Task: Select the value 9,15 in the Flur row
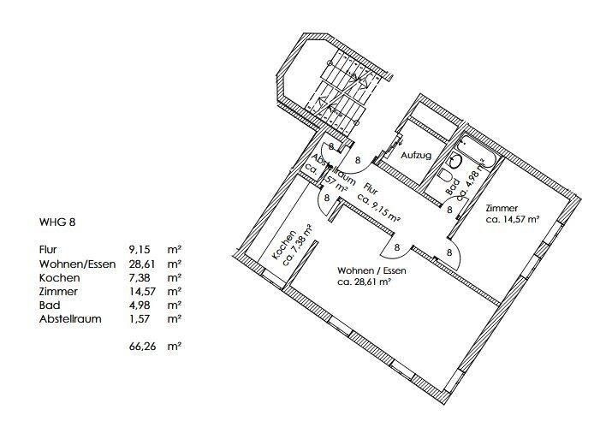click(x=140, y=249)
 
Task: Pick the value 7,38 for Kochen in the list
click(x=140, y=277)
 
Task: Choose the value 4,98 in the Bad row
click(x=140, y=305)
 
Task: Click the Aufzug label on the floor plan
click(x=416, y=156)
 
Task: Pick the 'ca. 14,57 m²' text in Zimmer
click(x=512, y=219)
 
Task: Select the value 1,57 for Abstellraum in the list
click(x=140, y=318)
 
